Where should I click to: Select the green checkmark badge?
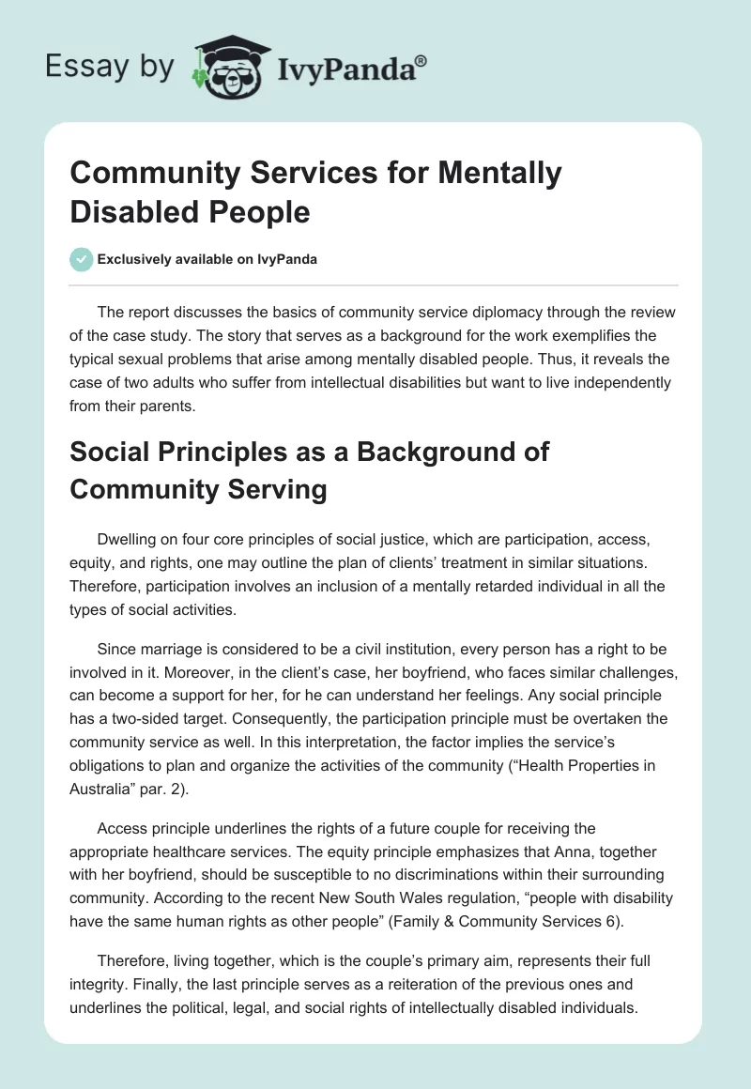pos(82,259)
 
